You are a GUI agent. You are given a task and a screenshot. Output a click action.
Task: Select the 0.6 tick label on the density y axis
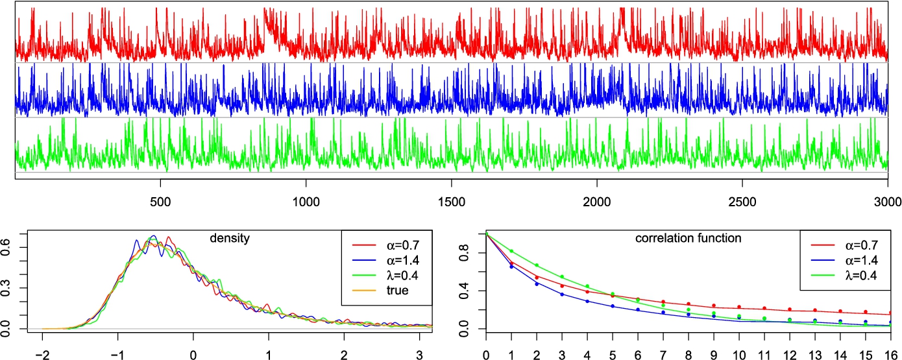coord(6,247)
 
